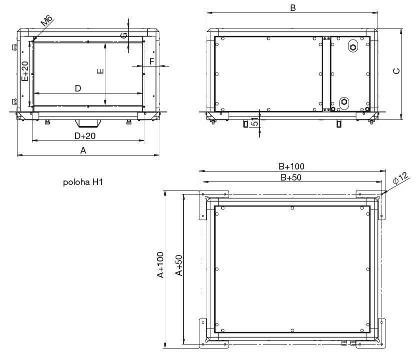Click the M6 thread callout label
(x=47, y=20)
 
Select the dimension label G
(x=124, y=35)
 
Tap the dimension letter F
(x=152, y=61)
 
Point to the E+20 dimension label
(x=25, y=71)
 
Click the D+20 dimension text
(x=85, y=136)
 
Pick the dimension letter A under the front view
(x=83, y=150)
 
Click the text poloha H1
(x=83, y=182)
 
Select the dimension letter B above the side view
(x=293, y=8)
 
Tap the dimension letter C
(x=397, y=71)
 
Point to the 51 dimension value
(x=254, y=121)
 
